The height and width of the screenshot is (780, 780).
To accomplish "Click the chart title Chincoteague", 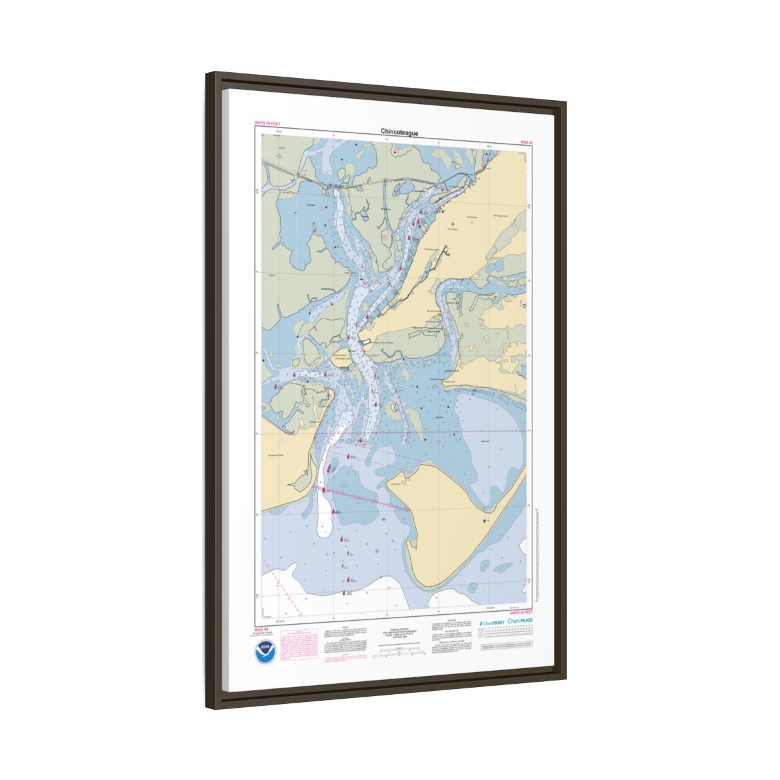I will point(399,133).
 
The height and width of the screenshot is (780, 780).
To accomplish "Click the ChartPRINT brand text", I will point(491,623).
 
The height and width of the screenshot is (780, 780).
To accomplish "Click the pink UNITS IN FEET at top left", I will point(267,122).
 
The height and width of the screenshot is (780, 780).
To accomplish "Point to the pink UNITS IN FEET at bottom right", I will point(521,612).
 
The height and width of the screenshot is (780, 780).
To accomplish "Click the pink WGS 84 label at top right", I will point(526,141).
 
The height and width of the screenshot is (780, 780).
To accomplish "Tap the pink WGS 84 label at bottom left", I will point(261,629).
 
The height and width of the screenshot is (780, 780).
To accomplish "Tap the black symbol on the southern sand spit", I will point(484,521).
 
